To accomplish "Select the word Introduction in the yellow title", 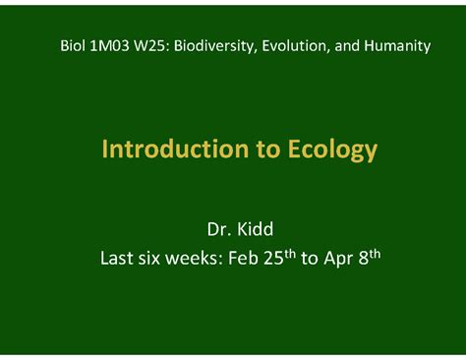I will tap(164, 150).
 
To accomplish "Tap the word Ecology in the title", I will tap(332, 150).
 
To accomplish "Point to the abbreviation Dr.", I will tap(217, 230).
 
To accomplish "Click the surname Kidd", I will tap(255, 230).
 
